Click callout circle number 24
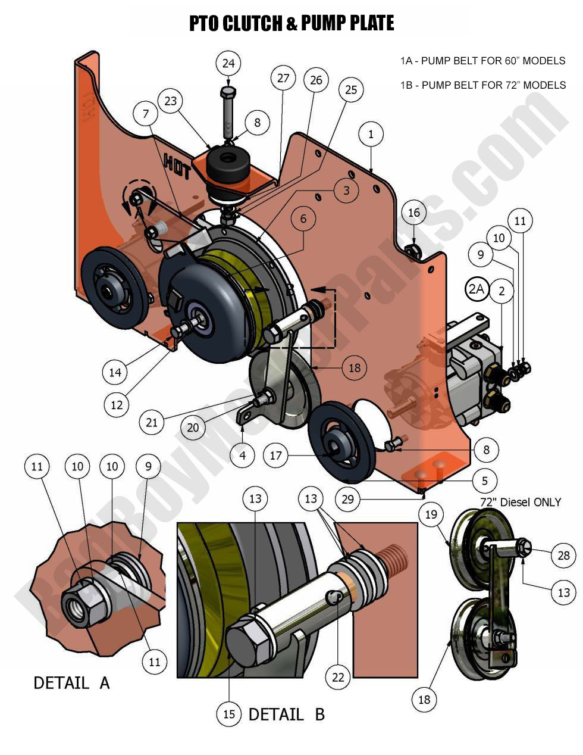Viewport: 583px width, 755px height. point(228,63)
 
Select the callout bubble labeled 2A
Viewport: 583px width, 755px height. point(477,290)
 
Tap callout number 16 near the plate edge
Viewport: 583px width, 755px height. point(413,213)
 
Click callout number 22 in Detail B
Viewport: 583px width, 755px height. point(338,677)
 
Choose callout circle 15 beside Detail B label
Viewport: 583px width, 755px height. point(230,714)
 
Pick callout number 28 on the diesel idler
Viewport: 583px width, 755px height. point(563,556)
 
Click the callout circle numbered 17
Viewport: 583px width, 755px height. point(275,457)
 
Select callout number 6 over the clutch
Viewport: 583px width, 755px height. point(303,219)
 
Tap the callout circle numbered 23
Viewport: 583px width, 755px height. point(171,101)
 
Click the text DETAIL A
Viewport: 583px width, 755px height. point(71,682)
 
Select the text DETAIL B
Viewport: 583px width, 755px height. point(286,714)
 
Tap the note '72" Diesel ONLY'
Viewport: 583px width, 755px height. point(521,502)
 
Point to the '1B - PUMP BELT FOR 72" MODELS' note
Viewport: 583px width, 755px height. point(482,85)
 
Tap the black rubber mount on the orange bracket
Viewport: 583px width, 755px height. point(228,161)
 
